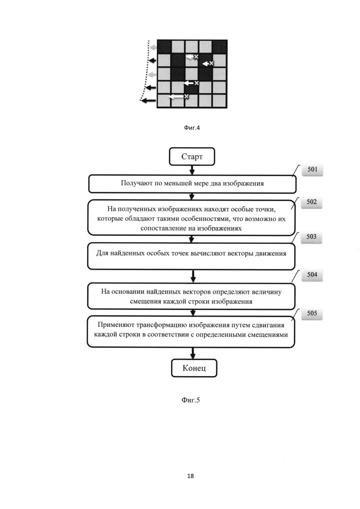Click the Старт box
pos(192,156)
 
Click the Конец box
pos(194,368)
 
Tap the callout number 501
pos(312,169)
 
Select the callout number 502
pos(312,202)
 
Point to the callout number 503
pos(311,237)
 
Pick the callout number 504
pos(312,275)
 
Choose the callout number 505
pos(312,313)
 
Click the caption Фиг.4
pos(192,128)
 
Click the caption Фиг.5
pos(190,400)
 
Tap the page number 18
pos(190,476)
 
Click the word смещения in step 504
pos(144,301)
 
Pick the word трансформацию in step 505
pos(161,325)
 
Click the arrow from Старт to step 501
pos(192,170)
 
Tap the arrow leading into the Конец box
pos(193,353)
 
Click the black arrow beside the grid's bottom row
pos(149,101)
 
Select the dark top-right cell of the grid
pos(220,46)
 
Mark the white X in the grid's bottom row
pos(186,96)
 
